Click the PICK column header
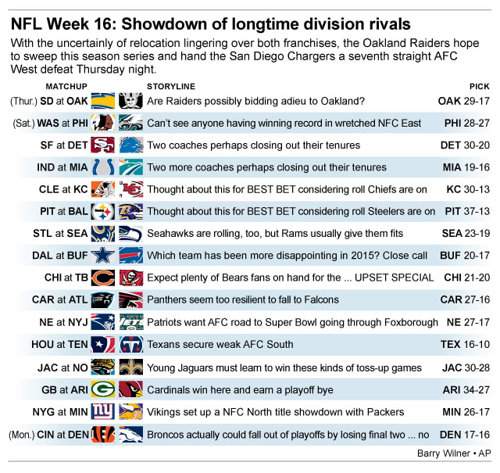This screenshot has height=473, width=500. (x=479, y=85)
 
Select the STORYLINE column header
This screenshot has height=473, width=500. (x=171, y=85)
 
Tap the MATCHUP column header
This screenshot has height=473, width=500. (x=66, y=85)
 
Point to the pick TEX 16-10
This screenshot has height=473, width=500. (x=466, y=345)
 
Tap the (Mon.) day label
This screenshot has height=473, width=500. (x=20, y=433)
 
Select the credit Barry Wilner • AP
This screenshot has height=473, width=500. (x=456, y=453)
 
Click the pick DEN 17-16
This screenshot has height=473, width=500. (x=465, y=433)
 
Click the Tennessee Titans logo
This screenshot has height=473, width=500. (x=130, y=345)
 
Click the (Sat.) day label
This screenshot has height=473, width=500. (x=23, y=124)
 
